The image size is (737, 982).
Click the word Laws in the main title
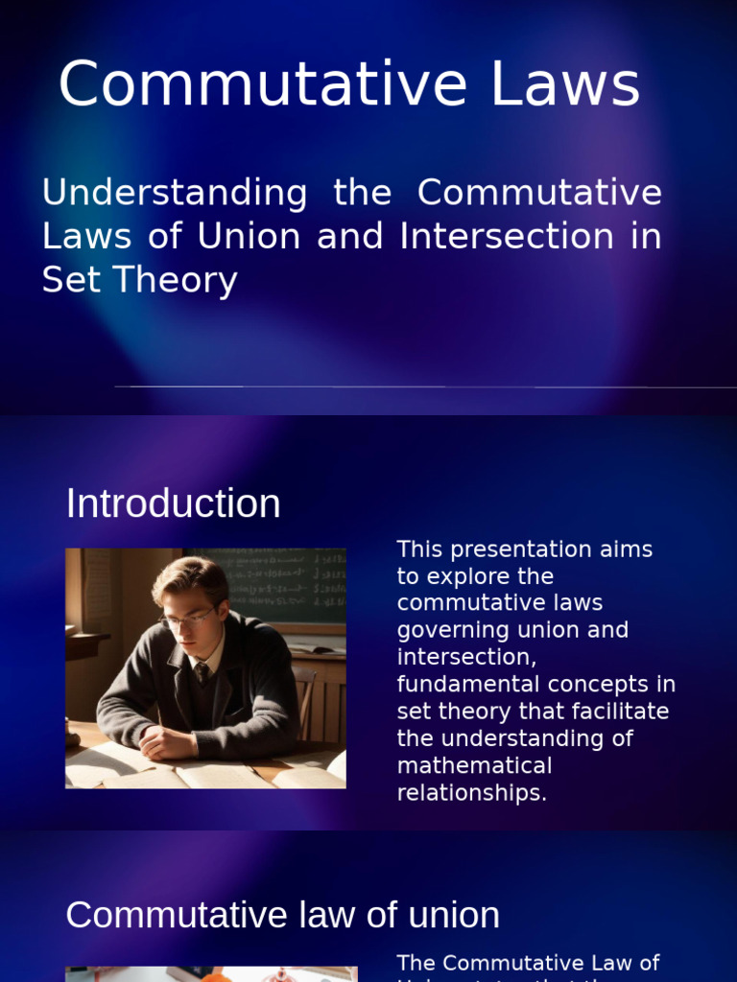[x=565, y=84]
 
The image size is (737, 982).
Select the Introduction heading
[x=173, y=504]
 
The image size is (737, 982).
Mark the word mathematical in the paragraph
[x=474, y=766]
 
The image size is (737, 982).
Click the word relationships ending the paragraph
[x=471, y=793]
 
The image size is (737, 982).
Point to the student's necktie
[x=202, y=672]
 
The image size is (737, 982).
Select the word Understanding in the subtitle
[x=175, y=193]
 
